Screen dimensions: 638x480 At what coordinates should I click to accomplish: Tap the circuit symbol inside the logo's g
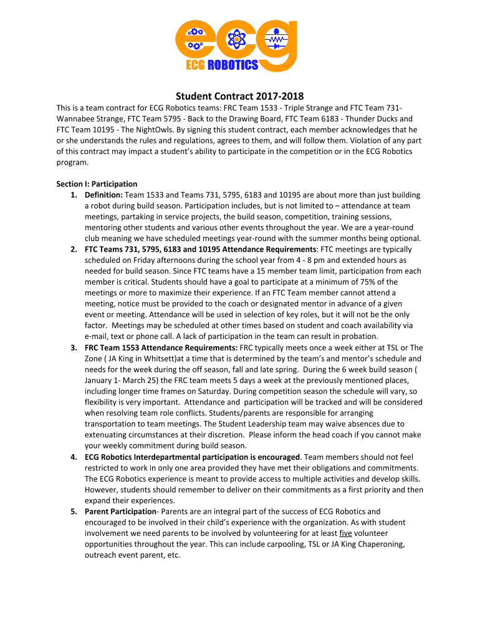point(275,39)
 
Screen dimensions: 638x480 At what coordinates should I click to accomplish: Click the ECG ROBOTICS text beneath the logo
point(223,65)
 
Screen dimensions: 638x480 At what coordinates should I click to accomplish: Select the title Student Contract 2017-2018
point(239,96)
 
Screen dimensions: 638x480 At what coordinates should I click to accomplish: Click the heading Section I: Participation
point(97,184)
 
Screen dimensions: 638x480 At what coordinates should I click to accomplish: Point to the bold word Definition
point(103,195)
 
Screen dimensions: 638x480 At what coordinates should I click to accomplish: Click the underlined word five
point(345,533)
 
